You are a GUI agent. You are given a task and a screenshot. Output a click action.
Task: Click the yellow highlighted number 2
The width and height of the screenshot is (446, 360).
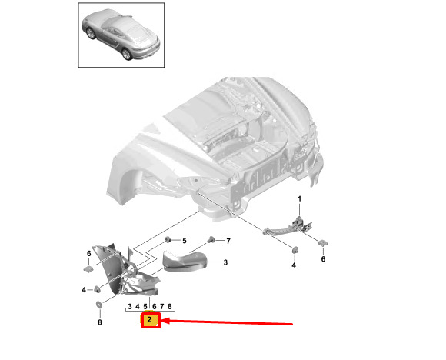click(x=149, y=320)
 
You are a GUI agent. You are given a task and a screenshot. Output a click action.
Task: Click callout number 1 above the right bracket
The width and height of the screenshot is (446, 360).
click(x=299, y=198)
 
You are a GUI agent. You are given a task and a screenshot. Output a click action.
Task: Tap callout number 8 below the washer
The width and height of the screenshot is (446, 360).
click(x=99, y=322)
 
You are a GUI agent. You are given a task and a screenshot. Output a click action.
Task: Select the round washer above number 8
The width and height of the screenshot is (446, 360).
click(x=99, y=305)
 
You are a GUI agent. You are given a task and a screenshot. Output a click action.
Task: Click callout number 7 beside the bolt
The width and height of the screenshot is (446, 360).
click(x=228, y=241)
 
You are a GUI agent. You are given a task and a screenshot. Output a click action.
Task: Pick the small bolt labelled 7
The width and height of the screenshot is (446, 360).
click(x=211, y=240)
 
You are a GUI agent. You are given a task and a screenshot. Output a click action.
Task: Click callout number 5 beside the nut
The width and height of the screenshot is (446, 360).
click(x=185, y=241)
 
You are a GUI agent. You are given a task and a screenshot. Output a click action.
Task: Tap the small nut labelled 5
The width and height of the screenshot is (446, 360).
click(x=168, y=240)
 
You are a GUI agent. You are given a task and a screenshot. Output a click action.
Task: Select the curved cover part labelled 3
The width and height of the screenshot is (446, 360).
click(x=185, y=262)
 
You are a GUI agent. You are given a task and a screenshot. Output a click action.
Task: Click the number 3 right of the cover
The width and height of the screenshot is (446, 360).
click(x=225, y=262)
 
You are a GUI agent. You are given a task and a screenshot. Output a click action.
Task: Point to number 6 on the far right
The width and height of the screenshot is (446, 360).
click(x=323, y=259)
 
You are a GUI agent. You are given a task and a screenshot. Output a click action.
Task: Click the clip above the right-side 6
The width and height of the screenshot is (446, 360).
click(x=322, y=243)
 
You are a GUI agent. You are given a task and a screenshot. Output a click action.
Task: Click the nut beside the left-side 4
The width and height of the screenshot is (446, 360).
click(x=97, y=289)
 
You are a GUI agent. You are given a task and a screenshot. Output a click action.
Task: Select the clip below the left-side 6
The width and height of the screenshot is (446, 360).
click(x=88, y=269)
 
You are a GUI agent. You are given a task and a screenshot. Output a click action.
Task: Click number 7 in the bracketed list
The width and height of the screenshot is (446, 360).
click(x=161, y=306)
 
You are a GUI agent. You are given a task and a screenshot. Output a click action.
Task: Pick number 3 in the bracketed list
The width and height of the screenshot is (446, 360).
click(x=130, y=306)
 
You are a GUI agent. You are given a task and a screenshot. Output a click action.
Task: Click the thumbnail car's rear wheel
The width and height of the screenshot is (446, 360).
click(x=126, y=54)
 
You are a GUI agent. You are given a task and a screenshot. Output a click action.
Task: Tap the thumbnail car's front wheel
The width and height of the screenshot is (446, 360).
click(x=91, y=33)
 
